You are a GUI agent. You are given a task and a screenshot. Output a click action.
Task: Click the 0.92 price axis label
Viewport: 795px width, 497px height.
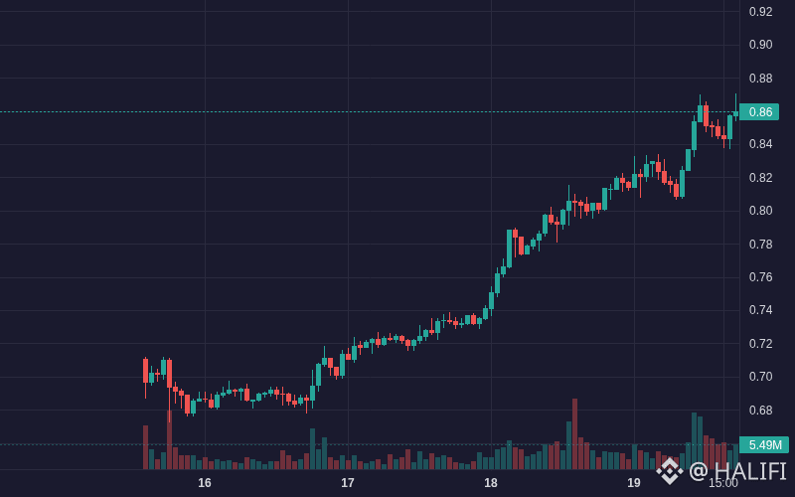[x=760, y=12]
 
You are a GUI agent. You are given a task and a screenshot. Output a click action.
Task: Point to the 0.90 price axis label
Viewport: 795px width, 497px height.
[x=760, y=45]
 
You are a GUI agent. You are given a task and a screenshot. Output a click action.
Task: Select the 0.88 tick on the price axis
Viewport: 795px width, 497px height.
[x=760, y=79]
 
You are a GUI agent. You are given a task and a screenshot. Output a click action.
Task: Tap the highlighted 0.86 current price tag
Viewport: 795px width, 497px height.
[x=759, y=111]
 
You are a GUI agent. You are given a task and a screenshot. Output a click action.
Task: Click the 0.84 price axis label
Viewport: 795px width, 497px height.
[x=760, y=144]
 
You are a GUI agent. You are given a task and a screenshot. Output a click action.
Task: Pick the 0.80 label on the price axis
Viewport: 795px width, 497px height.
[x=760, y=211]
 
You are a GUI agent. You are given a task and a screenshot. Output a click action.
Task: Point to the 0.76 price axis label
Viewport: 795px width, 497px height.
[x=760, y=277]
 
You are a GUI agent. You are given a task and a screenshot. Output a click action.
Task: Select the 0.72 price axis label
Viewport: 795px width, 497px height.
[x=760, y=343]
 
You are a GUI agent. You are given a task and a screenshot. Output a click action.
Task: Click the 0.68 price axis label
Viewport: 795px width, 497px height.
[x=760, y=410]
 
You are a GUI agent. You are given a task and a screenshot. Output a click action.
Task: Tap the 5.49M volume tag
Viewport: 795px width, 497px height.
[x=764, y=444]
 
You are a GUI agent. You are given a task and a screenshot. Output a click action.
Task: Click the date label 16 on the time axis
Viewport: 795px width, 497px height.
[x=205, y=483]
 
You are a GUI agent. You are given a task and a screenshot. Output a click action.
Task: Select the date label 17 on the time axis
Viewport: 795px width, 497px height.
[x=347, y=483]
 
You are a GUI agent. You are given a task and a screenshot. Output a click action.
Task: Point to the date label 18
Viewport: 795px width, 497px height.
[x=491, y=483]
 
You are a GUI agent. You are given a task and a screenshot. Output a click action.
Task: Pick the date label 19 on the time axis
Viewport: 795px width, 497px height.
[x=634, y=483]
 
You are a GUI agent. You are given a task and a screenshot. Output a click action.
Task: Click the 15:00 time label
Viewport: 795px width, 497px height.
[x=723, y=483]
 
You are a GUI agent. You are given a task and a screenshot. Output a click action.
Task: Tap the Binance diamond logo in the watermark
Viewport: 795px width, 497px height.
[x=670, y=471]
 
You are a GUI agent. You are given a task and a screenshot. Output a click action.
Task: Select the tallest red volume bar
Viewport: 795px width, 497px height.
[x=575, y=434]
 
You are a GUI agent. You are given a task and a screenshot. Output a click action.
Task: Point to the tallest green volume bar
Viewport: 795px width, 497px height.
[x=694, y=441]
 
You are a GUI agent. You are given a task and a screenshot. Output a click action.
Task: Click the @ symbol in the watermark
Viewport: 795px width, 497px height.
[x=699, y=471]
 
